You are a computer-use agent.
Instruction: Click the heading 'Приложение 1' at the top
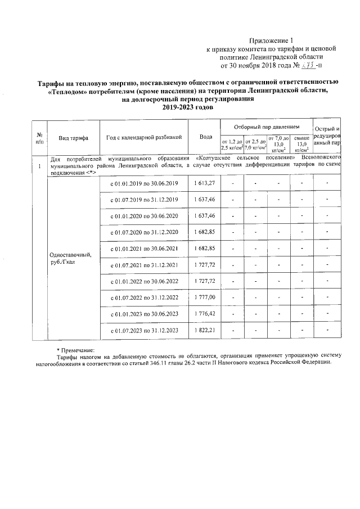coord(272,40)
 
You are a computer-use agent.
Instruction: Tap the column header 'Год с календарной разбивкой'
coord(144,137)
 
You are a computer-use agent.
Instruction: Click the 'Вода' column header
coord(205,137)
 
